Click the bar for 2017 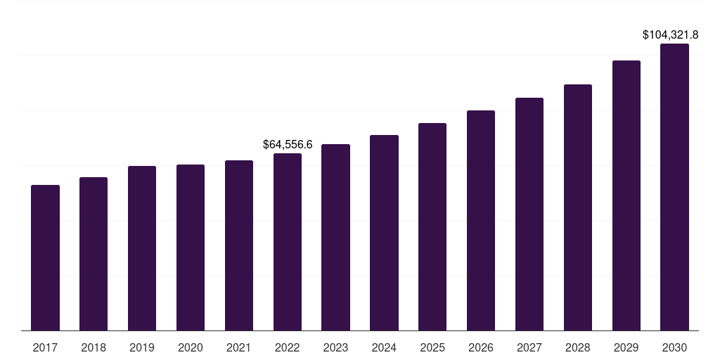point(45,257)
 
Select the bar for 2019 point(142,248)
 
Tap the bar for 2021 point(239,245)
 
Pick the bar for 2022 point(288,242)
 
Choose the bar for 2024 point(384,233)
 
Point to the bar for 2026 point(481,220)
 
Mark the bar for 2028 point(578,207)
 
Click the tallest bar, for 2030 point(674,187)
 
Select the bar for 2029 point(626,195)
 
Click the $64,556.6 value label point(288,144)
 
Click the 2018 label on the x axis point(94,347)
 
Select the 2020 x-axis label point(191,347)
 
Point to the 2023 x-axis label point(335,347)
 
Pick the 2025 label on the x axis point(432,347)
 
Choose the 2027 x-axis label point(529,347)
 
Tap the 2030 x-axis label point(674,347)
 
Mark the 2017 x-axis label point(45,347)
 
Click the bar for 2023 point(335,237)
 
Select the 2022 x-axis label point(288,347)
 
